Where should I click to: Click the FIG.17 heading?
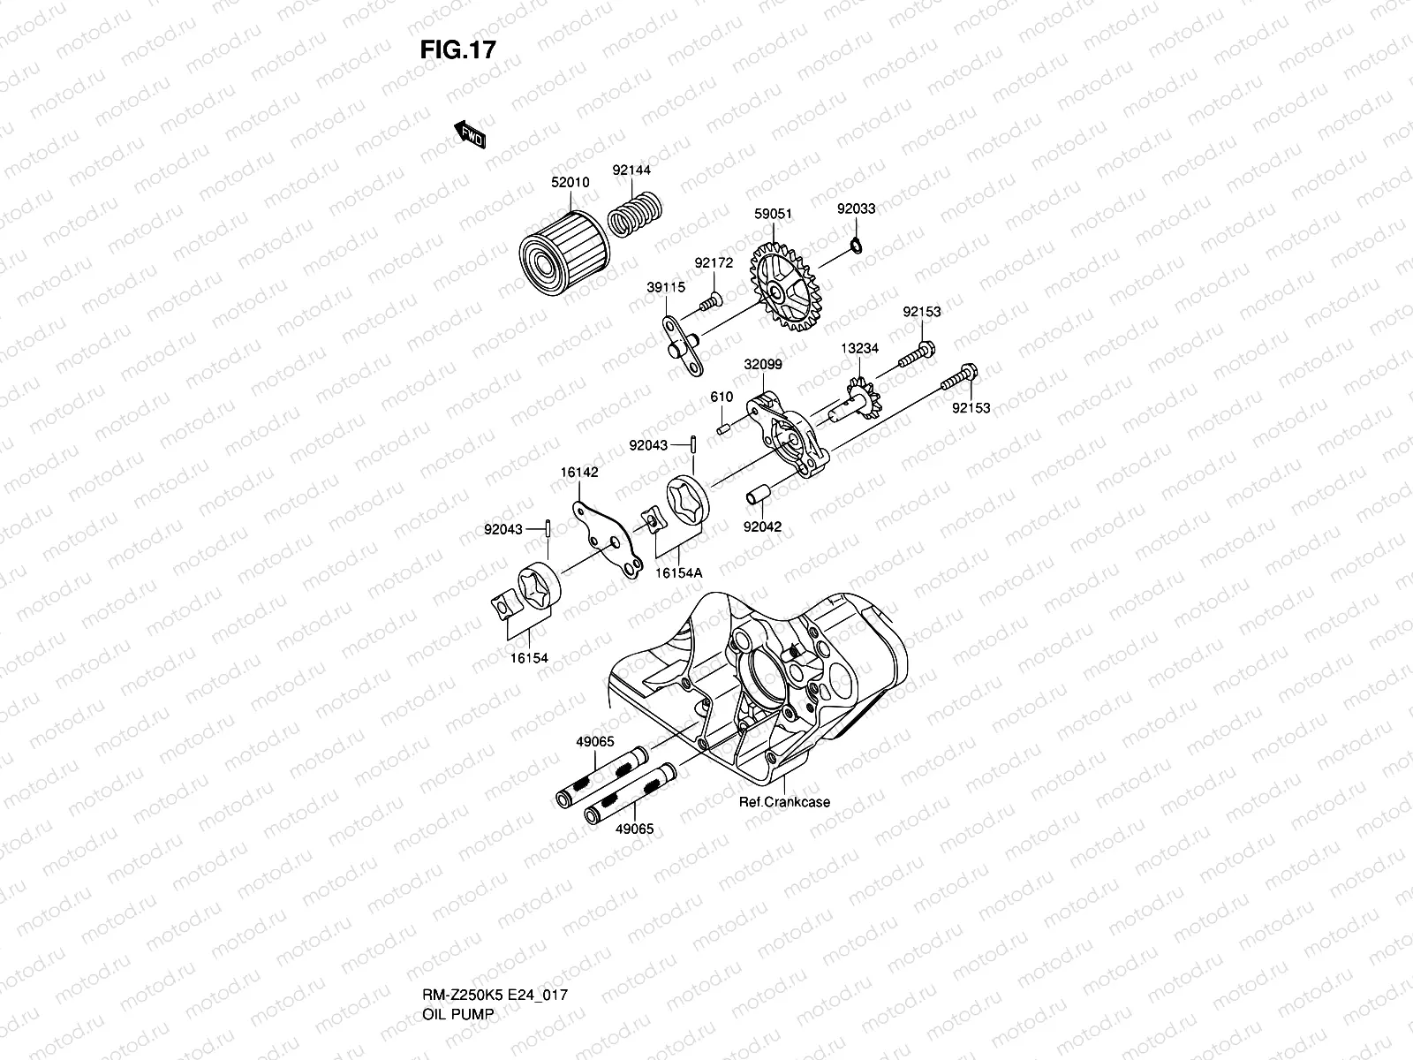[457, 50]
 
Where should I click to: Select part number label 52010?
[570, 183]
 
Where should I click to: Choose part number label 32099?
[762, 364]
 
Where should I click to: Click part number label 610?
[722, 397]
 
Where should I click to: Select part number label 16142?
[578, 473]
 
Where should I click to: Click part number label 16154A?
[678, 573]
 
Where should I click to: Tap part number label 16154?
[527, 658]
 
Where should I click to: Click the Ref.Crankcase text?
[784, 803]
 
